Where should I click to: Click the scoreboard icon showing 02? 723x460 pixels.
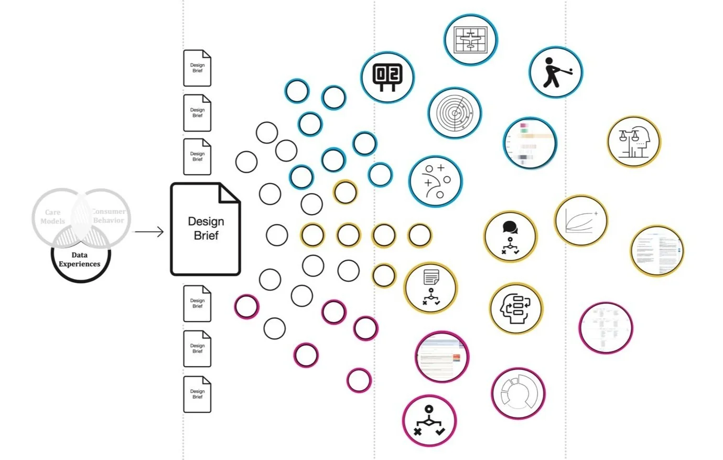[387, 77]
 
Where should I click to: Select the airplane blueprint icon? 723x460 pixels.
[470, 39]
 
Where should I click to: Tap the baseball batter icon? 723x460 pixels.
[555, 73]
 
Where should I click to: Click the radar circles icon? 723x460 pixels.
[454, 112]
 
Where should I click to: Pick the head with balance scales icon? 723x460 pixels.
[634, 142]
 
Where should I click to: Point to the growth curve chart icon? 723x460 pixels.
[580, 220]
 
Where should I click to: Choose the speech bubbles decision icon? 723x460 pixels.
[510, 237]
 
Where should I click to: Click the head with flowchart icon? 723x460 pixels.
[516, 308]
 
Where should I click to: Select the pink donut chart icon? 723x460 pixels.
[518, 393]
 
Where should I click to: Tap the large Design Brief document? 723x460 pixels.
[206, 229]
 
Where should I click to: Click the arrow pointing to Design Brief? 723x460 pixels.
[149, 231]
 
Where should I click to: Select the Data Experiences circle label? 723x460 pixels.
[80, 259]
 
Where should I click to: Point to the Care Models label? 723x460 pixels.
[52, 217]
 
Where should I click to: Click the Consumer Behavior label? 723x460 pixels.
[109, 216]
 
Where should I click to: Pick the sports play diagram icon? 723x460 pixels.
[435, 180]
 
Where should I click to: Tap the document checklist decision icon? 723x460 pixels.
[431, 288]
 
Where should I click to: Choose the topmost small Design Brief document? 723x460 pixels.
[197, 68]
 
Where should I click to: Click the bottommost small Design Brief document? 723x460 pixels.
[197, 394]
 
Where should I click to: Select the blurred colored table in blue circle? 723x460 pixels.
[530, 143]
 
